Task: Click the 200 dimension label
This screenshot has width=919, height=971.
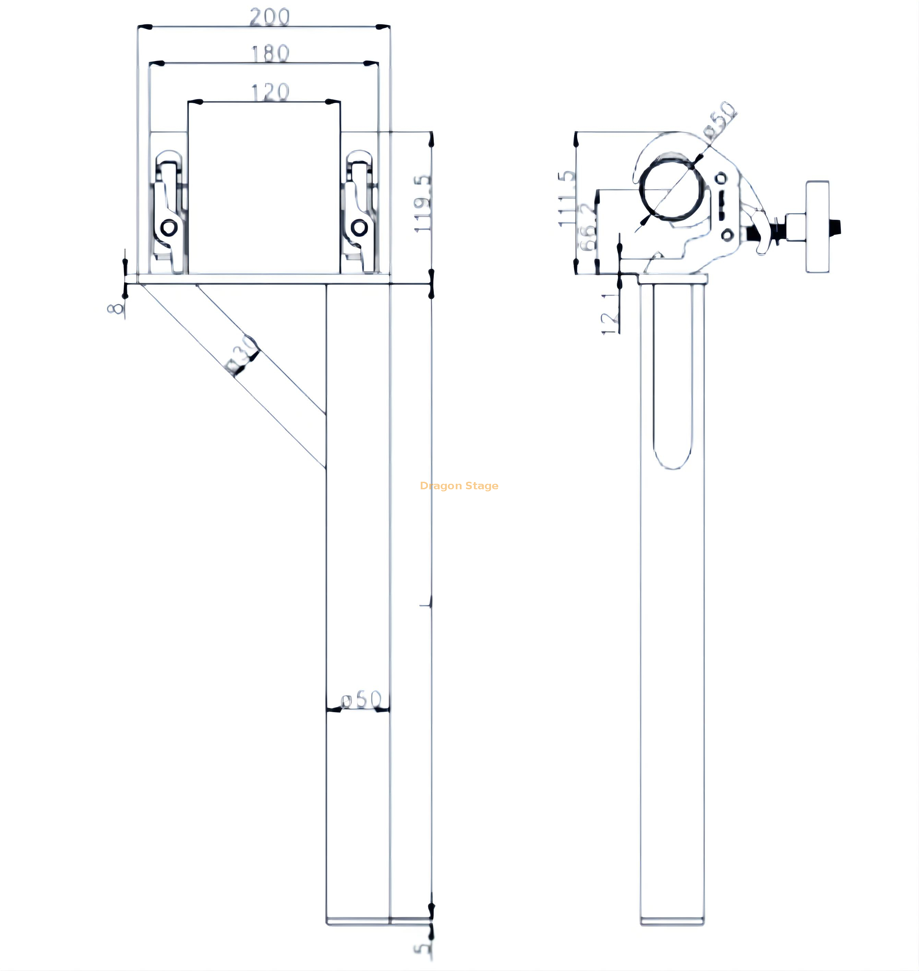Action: click(270, 17)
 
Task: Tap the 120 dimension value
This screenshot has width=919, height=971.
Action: click(270, 92)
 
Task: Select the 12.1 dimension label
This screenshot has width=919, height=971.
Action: click(610, 313)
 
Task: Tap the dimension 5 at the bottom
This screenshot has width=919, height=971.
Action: click(422, 948)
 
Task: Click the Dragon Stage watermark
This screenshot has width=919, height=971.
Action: click(459, 485)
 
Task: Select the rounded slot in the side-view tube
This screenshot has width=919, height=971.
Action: click(672, 377)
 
